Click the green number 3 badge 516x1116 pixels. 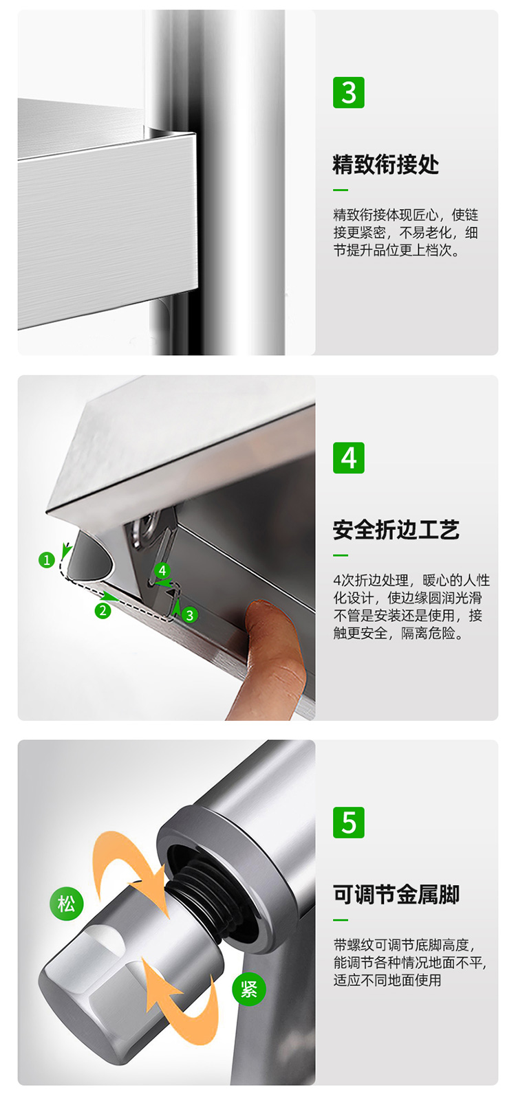[348, 93]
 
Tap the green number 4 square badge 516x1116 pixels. [348, 458]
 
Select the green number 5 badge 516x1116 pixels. [348, 823]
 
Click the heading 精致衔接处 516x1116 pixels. [385, 164]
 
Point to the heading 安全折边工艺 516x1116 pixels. [396, 530]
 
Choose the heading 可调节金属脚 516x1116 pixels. [396, 894]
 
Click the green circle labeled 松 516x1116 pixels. [66, 903]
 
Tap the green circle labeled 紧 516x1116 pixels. [248, 989]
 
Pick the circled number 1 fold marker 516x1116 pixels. [46, 560]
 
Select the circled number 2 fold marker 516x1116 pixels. [103, 610]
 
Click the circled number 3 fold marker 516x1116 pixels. [190, 615]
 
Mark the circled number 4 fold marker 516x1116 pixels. [162, 570]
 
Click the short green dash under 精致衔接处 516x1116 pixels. [341, 190]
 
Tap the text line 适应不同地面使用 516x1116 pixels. [387, 980]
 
